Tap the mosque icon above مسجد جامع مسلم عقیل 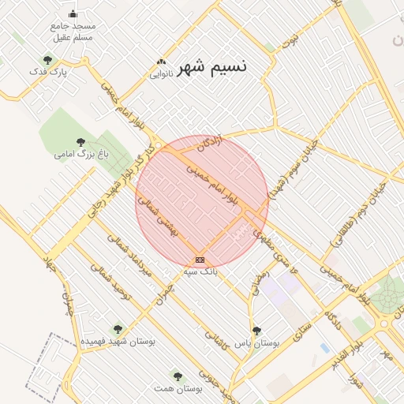pyautogui.click(x=73, y=13)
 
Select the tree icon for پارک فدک pyautogui.click(x=48, y=60)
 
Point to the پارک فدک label pyautogui.click(x=49, y=73)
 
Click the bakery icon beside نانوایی pyautogui.click(x=162, y=62)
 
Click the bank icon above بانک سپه pyautogui.click(x=200, y=259)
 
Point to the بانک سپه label pyautogui.click(x=200, y=271)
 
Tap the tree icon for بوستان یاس pyautogui.click(x=256, y=331)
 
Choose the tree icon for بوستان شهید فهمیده pyautogui.click(x=118, y=328)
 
